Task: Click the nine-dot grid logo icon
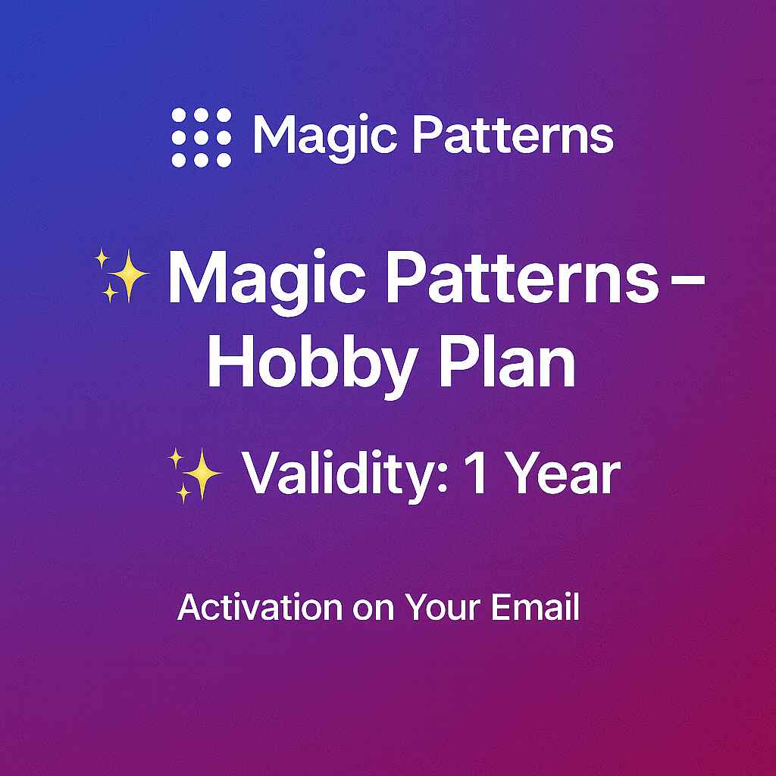[202, 138]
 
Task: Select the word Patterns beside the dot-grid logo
[513, 135]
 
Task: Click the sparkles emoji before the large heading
[122, 276]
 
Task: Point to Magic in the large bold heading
[267, 281]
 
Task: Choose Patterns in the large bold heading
[523, 277]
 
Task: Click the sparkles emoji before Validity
[195, 475]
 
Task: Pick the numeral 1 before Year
[476, 473]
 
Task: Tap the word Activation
[260, 607]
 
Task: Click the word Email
[535, 607]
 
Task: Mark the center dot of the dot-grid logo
[202, 138]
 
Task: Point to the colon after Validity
[443, 479]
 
